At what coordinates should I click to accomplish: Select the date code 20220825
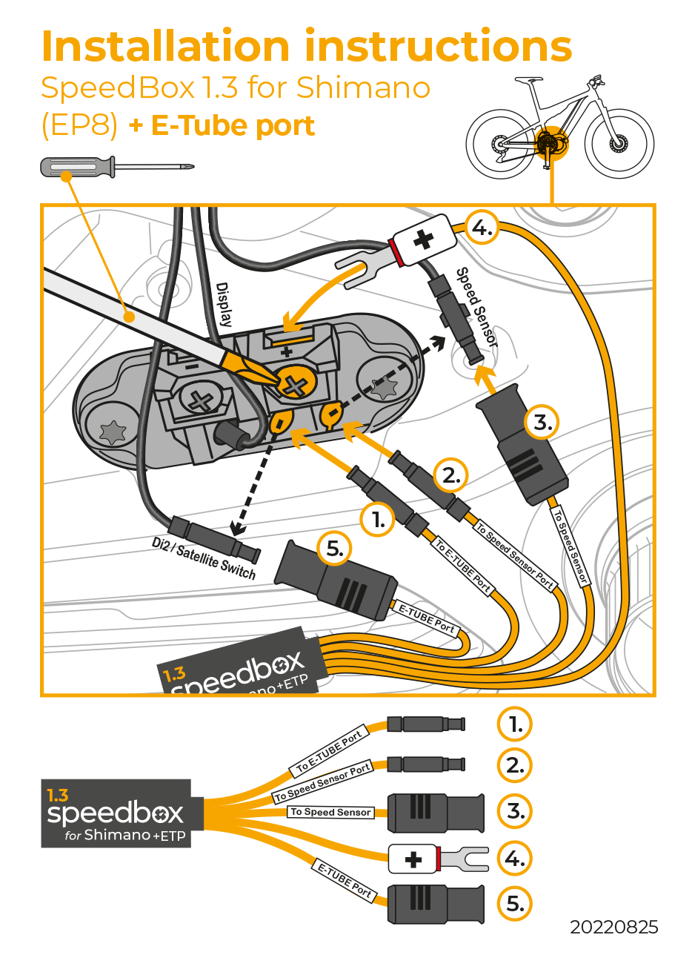(x=613, y=928)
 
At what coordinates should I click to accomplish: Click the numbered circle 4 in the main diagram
(x=482, y=229)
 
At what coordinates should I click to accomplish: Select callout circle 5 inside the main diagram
(x=336, y=549)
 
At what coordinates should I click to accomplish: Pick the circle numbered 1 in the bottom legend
(x=515, y=725)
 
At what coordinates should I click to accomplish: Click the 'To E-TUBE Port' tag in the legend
(x=328, y=750)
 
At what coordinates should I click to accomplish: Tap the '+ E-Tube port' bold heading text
(x=222, y=125)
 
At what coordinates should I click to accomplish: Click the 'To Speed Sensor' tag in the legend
(x=330, y=812)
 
